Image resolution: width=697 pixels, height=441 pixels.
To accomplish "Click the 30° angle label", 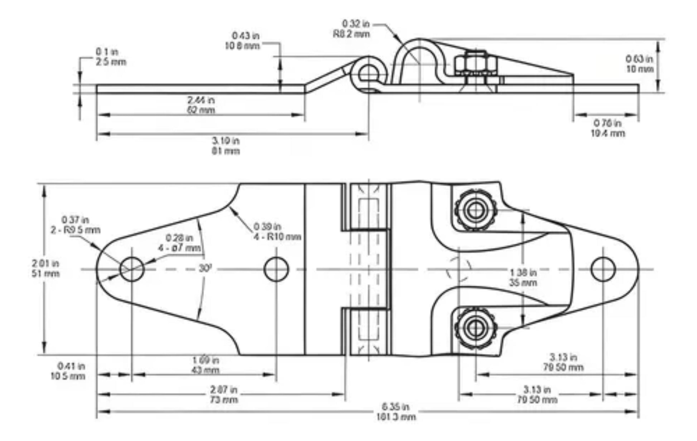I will click(205, 268).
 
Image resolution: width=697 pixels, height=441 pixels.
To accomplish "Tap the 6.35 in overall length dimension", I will click(395, 412).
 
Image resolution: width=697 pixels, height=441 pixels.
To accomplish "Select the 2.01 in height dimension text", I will click(45, 269).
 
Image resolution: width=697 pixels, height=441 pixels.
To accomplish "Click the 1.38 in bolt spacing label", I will click(523, 278).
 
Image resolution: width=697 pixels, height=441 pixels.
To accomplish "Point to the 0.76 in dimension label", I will click(607, 128).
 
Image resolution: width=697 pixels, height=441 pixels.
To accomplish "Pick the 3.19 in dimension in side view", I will click(226, 146).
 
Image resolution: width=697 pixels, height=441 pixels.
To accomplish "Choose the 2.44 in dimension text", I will click(201, 105).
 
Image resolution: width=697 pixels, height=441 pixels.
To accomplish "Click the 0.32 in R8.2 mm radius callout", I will click(352, 29).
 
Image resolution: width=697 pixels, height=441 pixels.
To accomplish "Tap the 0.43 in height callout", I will click(243, 41).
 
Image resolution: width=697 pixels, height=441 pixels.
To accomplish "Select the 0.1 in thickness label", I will click(111, 57).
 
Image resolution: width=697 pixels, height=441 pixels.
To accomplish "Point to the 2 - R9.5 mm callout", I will click(76, 225).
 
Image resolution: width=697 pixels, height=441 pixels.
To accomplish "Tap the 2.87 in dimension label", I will click(223, 394).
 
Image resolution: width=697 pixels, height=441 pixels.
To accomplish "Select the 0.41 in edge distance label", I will click(68, 371).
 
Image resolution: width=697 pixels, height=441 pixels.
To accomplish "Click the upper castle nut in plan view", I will click(475, 210).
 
